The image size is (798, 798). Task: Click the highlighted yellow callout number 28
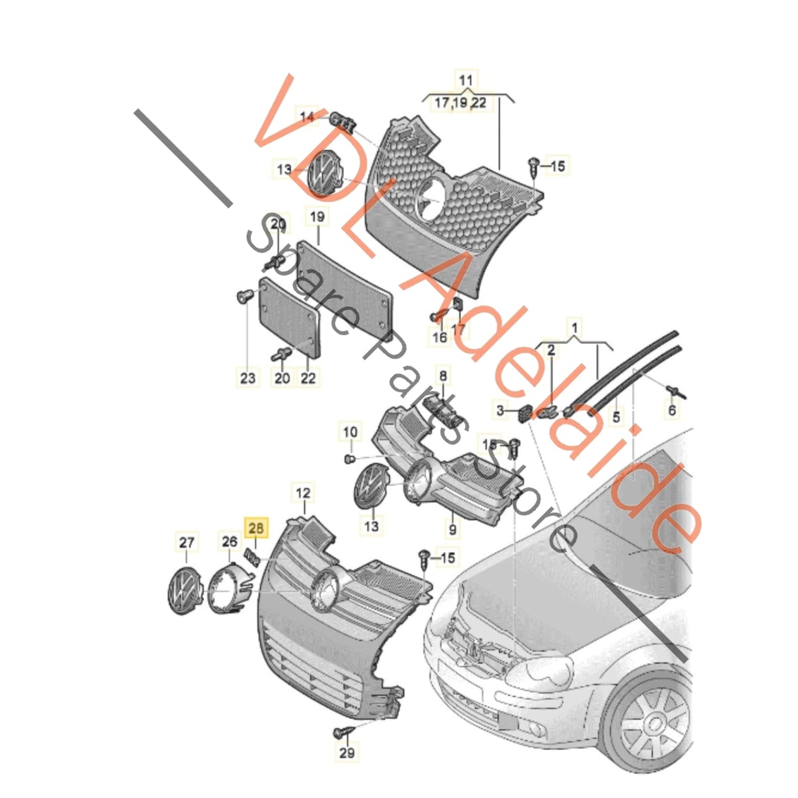point(256,528)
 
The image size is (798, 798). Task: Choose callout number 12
point(303,493)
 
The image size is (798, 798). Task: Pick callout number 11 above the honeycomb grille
point(466,80)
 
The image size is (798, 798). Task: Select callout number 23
point(247,378)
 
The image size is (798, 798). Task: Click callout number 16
point(440,337)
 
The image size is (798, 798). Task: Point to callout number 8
point(443,376)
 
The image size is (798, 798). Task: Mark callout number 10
point(350,431)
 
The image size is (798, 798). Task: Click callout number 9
point(452,529)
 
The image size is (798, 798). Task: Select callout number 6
point(672,410)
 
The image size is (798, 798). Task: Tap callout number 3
point(500,411)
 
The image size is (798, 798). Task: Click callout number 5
point(616,416)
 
